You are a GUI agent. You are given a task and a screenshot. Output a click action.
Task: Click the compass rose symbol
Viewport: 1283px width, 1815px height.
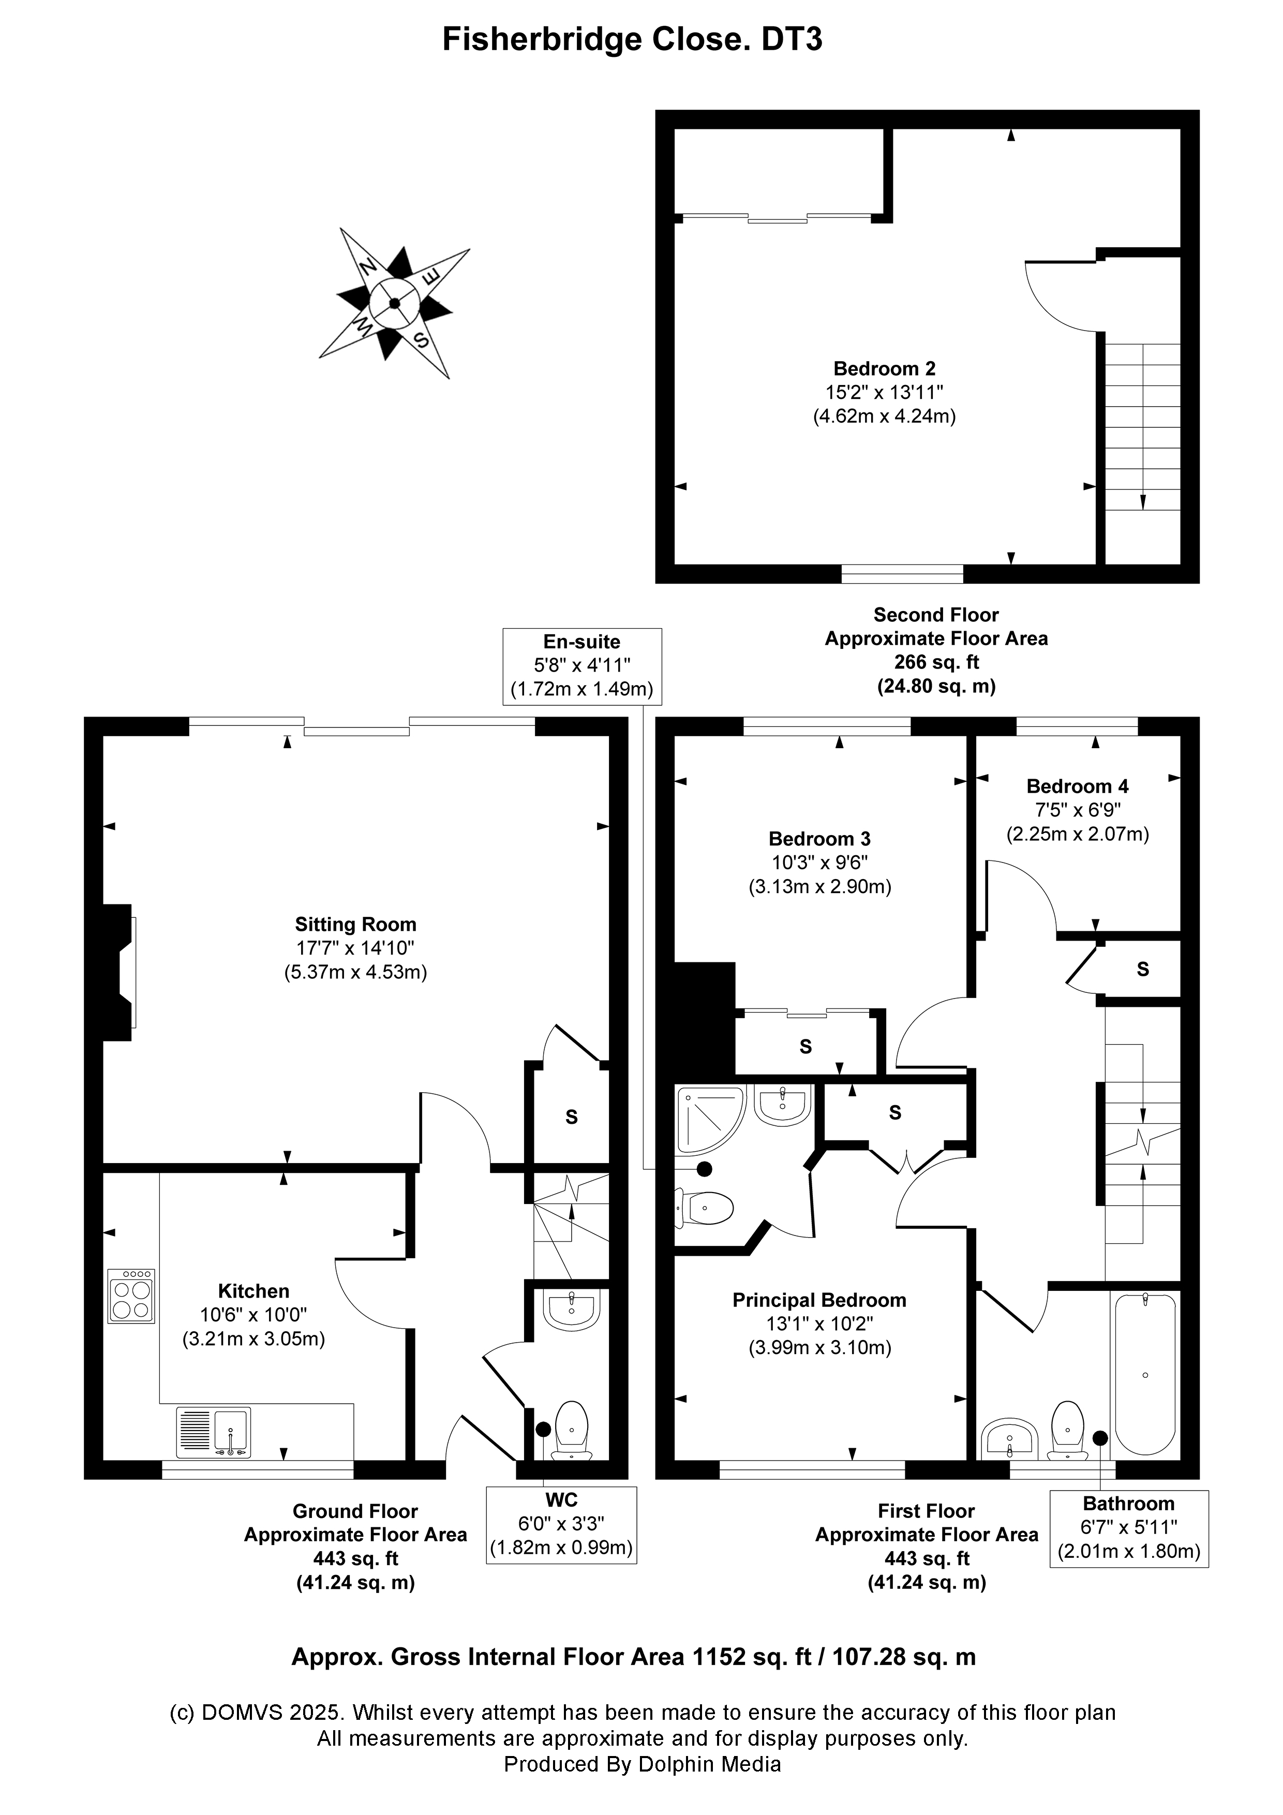tap(394, 304)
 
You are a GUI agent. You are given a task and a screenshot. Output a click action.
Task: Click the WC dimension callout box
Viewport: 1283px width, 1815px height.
tap(561, 1525)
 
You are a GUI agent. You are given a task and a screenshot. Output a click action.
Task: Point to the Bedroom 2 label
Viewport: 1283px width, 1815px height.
tap(885, 368)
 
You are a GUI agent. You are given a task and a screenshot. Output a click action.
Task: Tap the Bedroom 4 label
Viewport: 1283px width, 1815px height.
tap(1078, 786)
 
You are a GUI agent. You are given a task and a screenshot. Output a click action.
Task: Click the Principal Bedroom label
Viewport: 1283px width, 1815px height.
tap(820, 1300)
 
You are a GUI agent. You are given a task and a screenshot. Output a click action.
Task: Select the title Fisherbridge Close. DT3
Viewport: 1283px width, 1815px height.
tap(632, 39)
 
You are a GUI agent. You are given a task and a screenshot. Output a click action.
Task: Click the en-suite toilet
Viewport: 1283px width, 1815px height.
tap(704, 1207)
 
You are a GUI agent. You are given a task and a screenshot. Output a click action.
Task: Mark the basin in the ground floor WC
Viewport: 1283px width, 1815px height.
tap(573, 1311)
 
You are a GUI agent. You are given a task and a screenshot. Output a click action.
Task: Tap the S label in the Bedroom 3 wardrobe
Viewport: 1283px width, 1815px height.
tap(805, 1047)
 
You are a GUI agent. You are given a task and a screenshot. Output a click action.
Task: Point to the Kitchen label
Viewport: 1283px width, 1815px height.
tap(253, 1291)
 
